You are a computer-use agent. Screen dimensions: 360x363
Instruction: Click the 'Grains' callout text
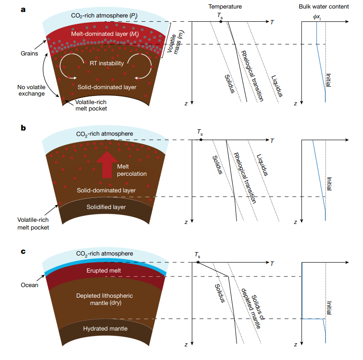[x=29, y=54]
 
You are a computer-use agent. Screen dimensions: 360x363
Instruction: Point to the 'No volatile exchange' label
[x=31, y=90]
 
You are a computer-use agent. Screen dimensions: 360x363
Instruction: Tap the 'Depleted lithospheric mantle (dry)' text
[x=104, y=299]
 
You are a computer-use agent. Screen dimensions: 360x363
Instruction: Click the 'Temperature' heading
[x=225, y=7]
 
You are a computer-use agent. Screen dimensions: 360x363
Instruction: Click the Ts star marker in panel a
[x=221, y=21]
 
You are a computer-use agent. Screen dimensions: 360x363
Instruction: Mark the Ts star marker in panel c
[x=198, y=262]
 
